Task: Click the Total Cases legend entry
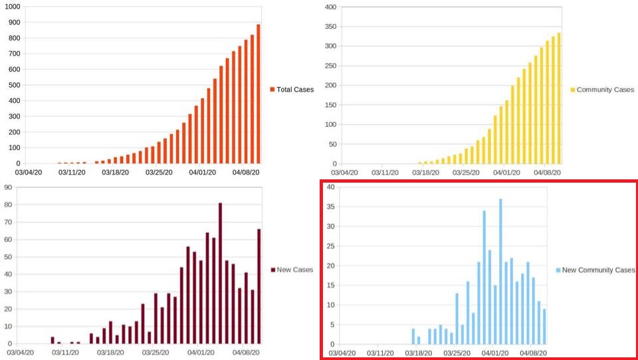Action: click(x=292, y=90)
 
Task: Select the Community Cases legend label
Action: click(x=602, y=90)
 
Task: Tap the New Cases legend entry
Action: click(x=293, y=270)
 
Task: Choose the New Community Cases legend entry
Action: click(x=595, y=270)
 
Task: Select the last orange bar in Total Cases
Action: click(x=258, y=94)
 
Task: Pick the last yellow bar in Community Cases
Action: click(x=559, y=98)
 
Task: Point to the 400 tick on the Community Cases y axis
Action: click(x=332, y=7)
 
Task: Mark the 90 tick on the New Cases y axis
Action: click(x=9, y=187)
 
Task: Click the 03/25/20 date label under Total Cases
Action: click(x=159, y=173)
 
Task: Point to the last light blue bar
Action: click(x=544, y=326)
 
